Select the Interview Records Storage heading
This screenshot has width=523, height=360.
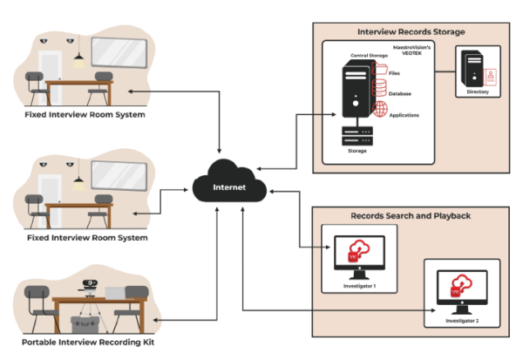(411, 31)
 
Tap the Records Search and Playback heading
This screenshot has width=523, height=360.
(411, 214)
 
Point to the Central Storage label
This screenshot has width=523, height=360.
(369, 56)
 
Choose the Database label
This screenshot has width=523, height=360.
(400, 93)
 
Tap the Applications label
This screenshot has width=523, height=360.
(404, 115)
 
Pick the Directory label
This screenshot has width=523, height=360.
(478, 92)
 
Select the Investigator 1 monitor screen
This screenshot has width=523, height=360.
(357, 253)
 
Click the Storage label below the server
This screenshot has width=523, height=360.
(357, 150)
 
